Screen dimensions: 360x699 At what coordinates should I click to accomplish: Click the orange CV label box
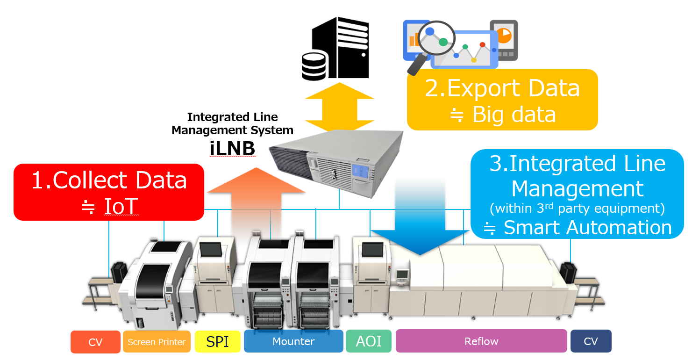[95, 342]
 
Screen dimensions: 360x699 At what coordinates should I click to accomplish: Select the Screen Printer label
[157, 342]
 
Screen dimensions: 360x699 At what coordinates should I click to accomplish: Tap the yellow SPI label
[218, 342]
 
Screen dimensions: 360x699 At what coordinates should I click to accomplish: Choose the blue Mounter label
[293, 341]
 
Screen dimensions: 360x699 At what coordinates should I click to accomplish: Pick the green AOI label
[369, 341]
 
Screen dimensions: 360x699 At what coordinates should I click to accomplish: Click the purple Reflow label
[481, 341]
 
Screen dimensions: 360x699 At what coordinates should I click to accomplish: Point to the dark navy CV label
[591, 341]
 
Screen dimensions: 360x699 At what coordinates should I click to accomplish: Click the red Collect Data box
[109, 192]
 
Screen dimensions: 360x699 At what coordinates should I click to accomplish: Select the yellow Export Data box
[502, 100]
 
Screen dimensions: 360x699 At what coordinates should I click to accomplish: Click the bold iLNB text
[232, 149]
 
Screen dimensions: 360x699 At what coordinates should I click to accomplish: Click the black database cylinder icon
[314, 66]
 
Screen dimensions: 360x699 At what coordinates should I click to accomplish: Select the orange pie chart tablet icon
[504, 39]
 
